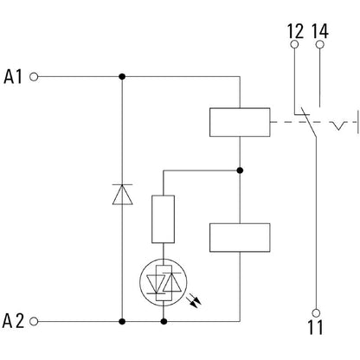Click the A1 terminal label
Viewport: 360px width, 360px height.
click(x=13, y=77)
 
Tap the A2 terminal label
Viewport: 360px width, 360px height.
click(x=13, y=321)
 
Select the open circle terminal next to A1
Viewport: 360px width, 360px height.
click(x=34, y=77)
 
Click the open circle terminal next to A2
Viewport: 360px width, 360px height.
click(x=34, y=321)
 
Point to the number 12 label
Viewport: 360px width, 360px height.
click(x=296, y=31)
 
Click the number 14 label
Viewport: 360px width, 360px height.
click(x=320, y=31)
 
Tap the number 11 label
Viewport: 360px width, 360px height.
click(x=315, y=327)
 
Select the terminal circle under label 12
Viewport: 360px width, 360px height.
click(x=294, y=44)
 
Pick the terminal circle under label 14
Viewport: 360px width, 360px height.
click(x=320, y=44)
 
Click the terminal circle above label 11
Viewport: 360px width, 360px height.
click(x=316, y=313)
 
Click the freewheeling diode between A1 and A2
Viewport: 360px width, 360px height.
click(x=122, y=195)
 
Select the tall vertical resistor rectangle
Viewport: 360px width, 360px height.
click(x=163, y=219)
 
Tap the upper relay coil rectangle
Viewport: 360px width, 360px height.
click(x=240, y=122)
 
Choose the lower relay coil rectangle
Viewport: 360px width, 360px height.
click(x=240, y=238)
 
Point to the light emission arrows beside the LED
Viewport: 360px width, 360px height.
click(x=194, y=300)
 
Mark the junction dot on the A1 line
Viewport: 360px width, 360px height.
click(x=122, y=77)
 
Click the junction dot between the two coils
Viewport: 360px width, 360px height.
click(x=240, y=170)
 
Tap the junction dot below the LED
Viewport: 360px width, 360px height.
click(x=164, y=321)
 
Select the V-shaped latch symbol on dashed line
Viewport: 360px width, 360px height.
click(x=338, y=126)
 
